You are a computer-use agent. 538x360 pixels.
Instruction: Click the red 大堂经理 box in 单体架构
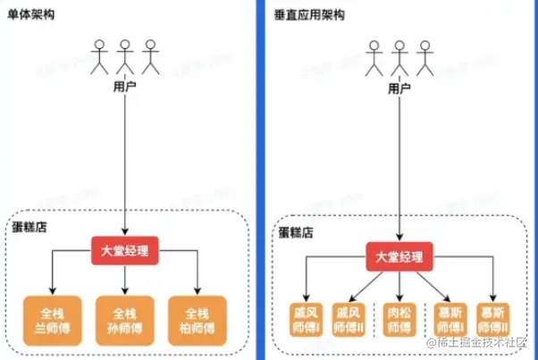[x=125, y=250]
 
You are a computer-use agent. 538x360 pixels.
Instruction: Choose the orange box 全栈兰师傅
[x=53, y=320]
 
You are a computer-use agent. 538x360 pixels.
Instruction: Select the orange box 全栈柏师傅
[x=198, y=320]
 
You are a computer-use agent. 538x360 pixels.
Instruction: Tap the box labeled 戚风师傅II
[x=349, y=319]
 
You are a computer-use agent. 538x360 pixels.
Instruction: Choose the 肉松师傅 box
[x=399, y=319]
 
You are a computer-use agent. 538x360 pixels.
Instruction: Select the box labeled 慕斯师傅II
[x=495, y=319]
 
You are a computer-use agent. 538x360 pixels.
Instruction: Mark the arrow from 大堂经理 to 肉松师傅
[x=399, y=283]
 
